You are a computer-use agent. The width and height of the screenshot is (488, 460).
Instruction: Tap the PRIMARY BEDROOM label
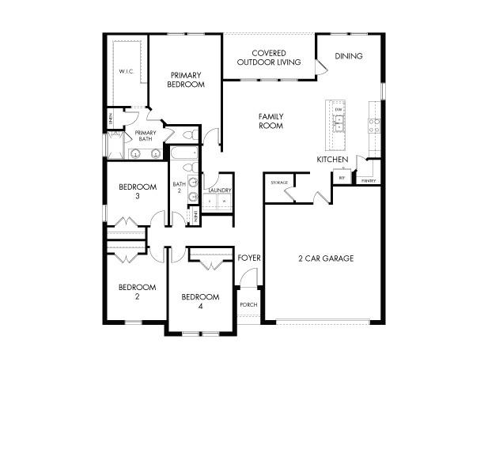click(187, 80)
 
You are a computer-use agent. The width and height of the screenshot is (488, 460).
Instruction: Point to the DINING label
click(349, 56)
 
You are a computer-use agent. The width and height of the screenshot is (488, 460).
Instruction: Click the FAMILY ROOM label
click(270, 121)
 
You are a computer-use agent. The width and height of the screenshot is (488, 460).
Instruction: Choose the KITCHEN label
click(332, 160)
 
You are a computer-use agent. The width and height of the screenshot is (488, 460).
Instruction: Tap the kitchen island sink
click(338, 123)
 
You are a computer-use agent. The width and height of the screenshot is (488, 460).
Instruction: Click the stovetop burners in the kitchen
click(374, 125)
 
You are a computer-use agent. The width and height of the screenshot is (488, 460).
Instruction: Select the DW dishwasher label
click(338, 108)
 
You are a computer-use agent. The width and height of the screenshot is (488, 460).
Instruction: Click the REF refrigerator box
click(342, 179)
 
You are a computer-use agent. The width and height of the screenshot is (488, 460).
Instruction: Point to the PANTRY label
click(369, 181)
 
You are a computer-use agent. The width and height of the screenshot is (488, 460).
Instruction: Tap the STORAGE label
click(279, 183)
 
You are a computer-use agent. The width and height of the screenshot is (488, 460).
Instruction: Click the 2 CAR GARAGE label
click(325, 258)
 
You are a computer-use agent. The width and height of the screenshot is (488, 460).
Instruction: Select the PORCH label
click(248, 305)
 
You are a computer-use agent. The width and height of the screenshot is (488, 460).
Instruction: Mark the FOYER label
click(249, 258)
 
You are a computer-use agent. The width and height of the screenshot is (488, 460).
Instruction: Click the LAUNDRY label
click(219, 190)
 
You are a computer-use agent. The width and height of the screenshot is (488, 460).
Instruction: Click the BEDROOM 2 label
click(137, 292)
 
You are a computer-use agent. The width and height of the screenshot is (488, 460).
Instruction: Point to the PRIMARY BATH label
click(145, 136)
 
